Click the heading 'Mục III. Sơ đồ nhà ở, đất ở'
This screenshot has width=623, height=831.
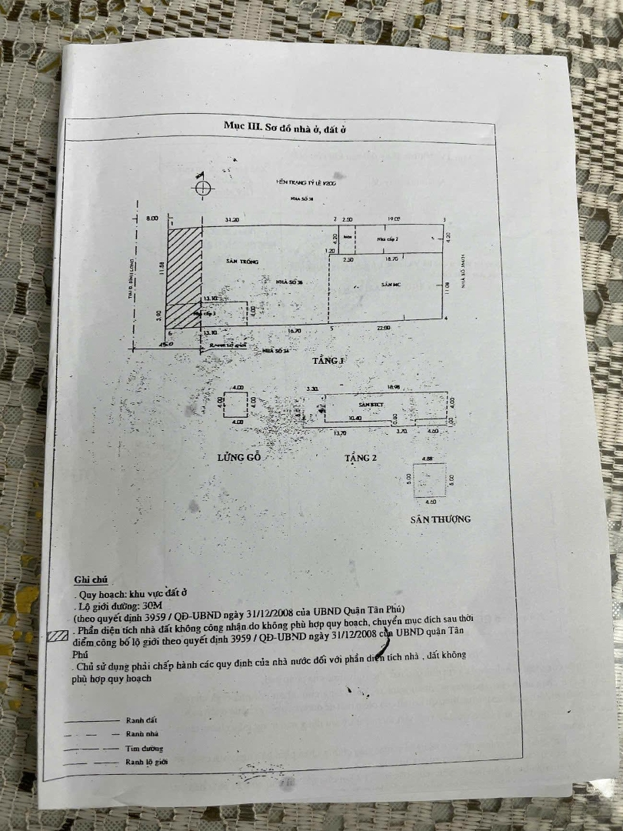(285, 125)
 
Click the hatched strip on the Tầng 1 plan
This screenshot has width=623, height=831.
(185, 277)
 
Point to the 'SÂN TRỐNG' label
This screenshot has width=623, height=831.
(242, 262)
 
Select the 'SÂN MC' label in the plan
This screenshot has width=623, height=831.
(391, 285)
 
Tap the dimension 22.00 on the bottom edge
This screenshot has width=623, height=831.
(384, 328)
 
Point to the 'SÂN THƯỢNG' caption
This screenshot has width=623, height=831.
(440, 519)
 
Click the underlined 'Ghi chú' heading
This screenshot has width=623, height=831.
(91, 579)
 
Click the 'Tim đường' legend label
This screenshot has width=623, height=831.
(144, 748)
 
